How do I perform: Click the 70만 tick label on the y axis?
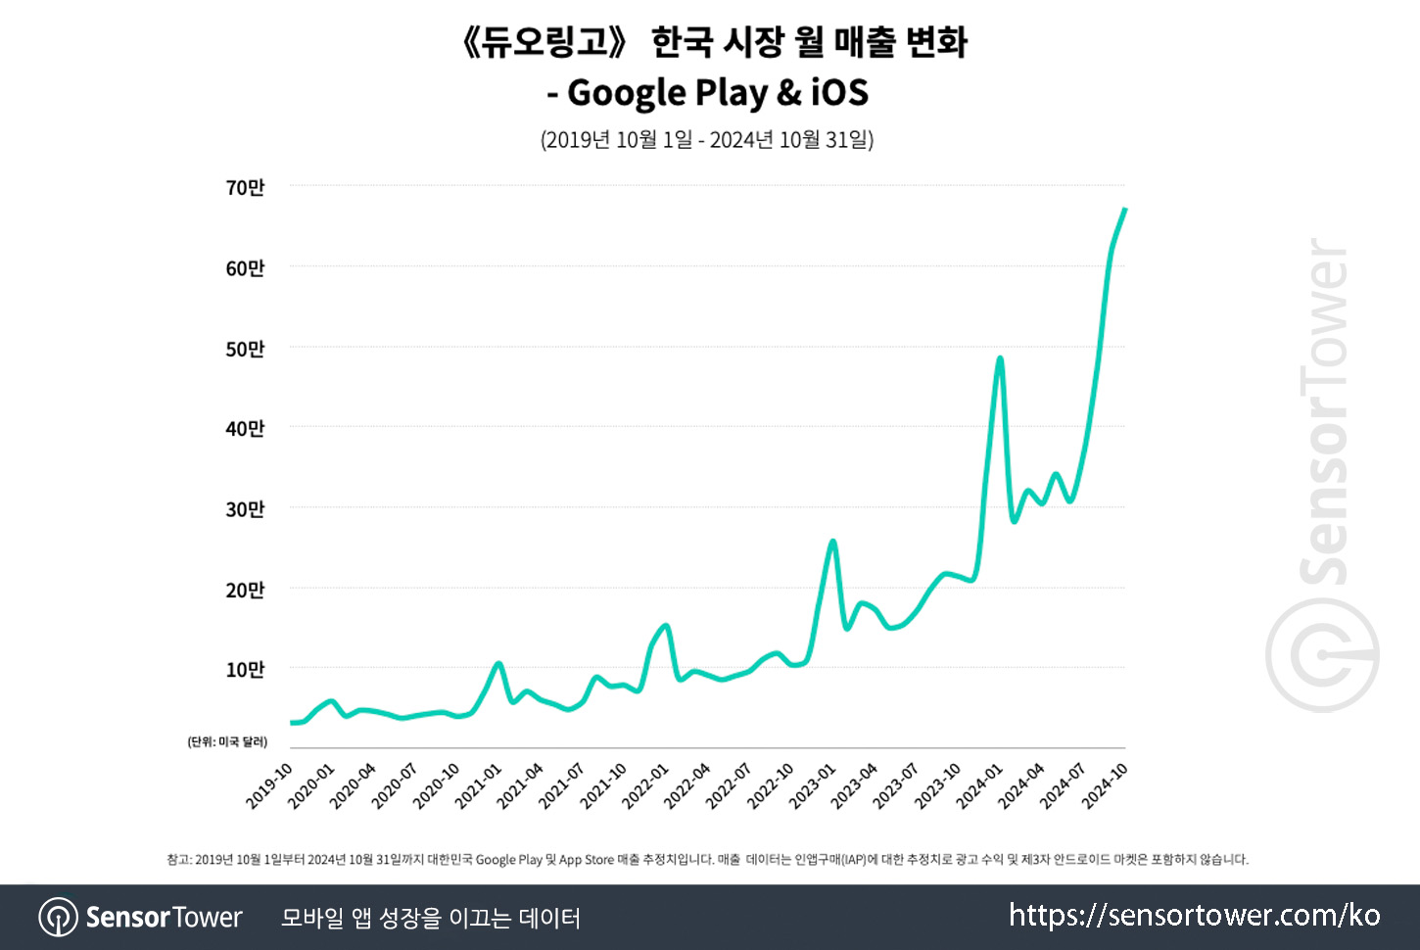coord(245,187)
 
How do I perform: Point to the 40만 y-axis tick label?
coord(245,428)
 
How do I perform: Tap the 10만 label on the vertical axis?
coord(245,670)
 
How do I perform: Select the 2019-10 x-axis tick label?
coord(269,786)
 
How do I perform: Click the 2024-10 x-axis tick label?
coord(1106,786)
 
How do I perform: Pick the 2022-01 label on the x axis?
coord(645,786)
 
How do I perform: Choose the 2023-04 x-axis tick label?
coord(855,786)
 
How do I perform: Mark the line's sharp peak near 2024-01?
coord(1000,358)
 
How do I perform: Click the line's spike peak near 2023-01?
coord(832,541)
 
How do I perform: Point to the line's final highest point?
coord(1124,210)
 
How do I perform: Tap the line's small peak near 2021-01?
coord(498,664)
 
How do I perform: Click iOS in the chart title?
coord(839,93)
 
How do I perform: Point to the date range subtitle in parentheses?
coord(707,139)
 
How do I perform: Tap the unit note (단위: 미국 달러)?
coord(227,741)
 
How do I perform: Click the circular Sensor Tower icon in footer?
coord(58,918)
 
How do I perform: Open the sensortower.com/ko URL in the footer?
coord(1194,916)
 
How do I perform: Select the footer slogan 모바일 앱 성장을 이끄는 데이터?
coord(431,918)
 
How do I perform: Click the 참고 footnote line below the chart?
coord(707,860)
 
